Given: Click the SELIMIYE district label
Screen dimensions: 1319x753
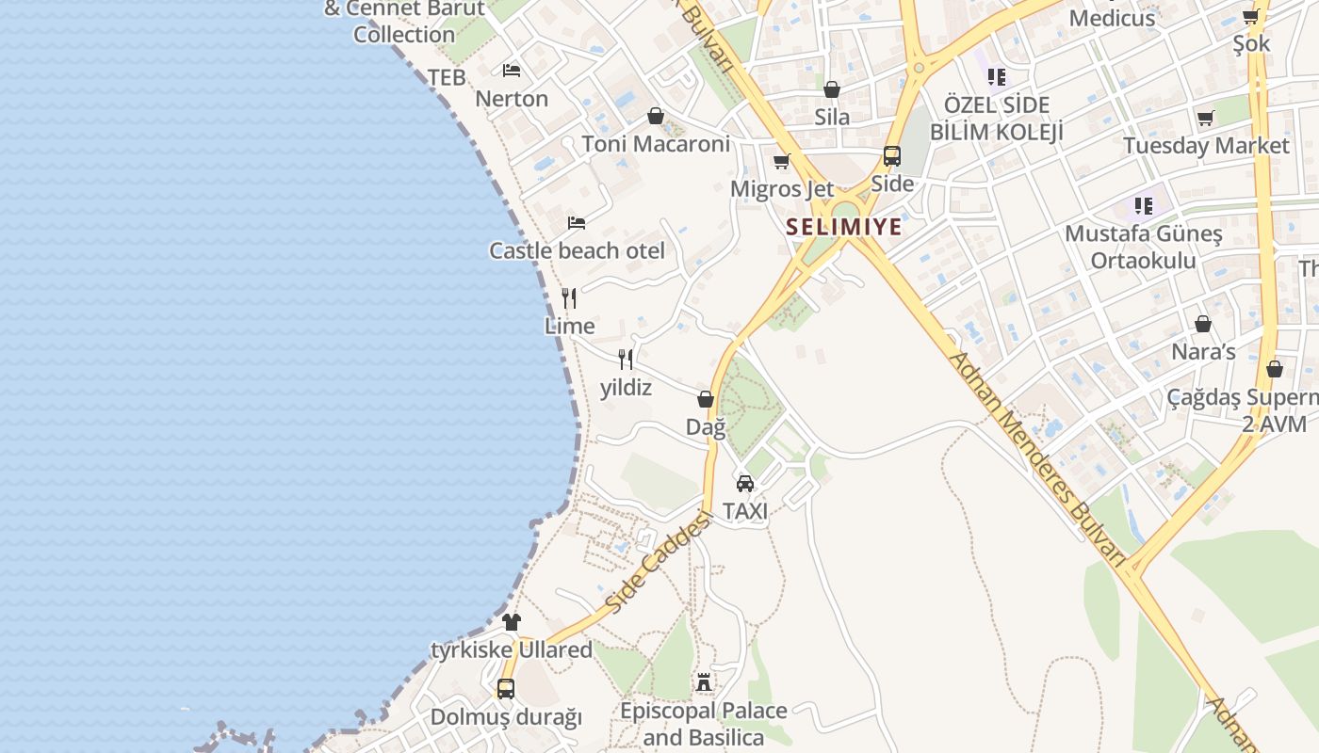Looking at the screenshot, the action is pos(844,227).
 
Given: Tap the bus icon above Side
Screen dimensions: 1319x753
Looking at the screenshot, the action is pos(891,156).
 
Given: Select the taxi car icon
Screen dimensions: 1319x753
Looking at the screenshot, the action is pos(745,484).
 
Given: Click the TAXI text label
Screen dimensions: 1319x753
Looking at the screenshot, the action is pos(745,511).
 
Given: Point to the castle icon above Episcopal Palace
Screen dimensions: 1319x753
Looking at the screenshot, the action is pos(704,682).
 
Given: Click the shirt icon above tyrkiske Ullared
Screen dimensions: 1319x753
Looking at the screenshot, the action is pos(512,622).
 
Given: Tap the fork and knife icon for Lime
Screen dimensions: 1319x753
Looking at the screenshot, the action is pos(569,298).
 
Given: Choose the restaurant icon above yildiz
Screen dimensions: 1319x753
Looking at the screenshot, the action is pos(626,359).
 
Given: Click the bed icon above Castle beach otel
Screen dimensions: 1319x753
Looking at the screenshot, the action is pos(577,223).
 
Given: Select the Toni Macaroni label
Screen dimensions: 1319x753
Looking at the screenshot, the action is pos(656,144).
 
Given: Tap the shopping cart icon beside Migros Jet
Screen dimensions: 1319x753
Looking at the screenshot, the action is pos(781,162).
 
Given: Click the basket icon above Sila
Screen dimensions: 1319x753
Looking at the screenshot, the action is pos(832,89).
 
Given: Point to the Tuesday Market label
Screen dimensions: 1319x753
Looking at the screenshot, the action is pos(1206,146).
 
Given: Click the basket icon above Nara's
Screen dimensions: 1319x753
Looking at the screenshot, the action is pos(1203,325).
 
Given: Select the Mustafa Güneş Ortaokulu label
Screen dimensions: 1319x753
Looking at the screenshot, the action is pos(1144,247).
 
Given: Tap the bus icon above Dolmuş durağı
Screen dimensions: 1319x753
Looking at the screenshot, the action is pos(506,689).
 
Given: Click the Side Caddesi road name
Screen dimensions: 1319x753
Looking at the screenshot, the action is pos(656,563).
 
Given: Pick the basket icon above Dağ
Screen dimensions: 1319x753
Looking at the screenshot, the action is pos(706,400).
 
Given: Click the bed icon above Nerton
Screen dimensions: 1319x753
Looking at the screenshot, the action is pos(512,71).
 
